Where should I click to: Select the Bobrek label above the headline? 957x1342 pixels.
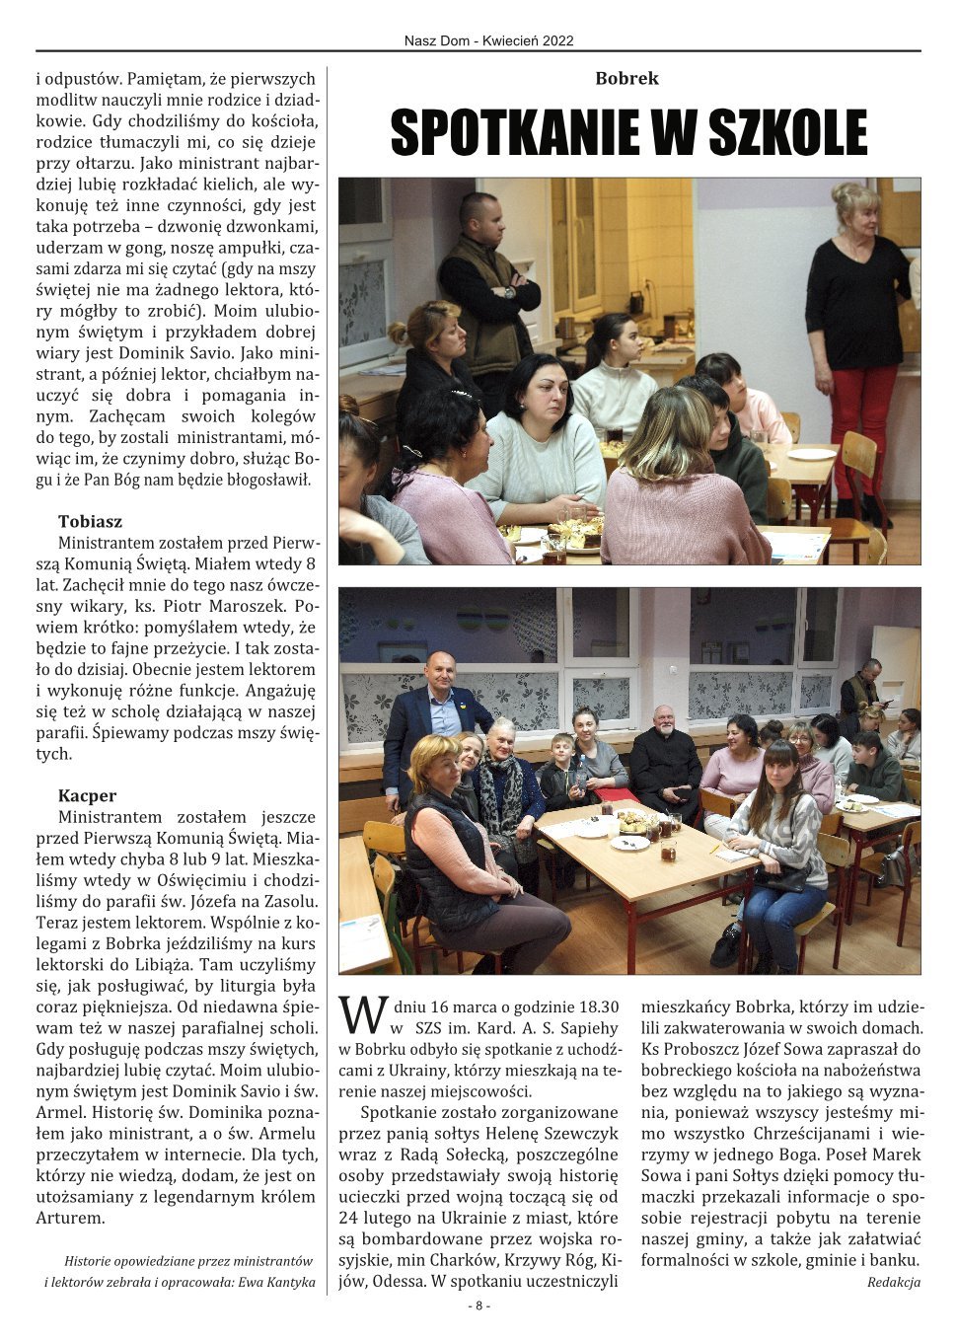coord(626,79)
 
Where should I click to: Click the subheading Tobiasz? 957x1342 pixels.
coord(90,521)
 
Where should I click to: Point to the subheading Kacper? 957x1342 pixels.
coord(87,795)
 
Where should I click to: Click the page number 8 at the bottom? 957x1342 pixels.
coord(478,1305)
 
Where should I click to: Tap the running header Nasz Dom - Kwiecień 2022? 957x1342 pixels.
coord(488,40)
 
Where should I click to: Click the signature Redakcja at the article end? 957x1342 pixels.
coord(894,1282)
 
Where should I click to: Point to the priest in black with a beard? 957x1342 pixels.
coord(664,755)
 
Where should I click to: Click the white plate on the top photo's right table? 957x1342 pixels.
coord(812,454)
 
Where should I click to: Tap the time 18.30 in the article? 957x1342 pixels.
coord(596,1007)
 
